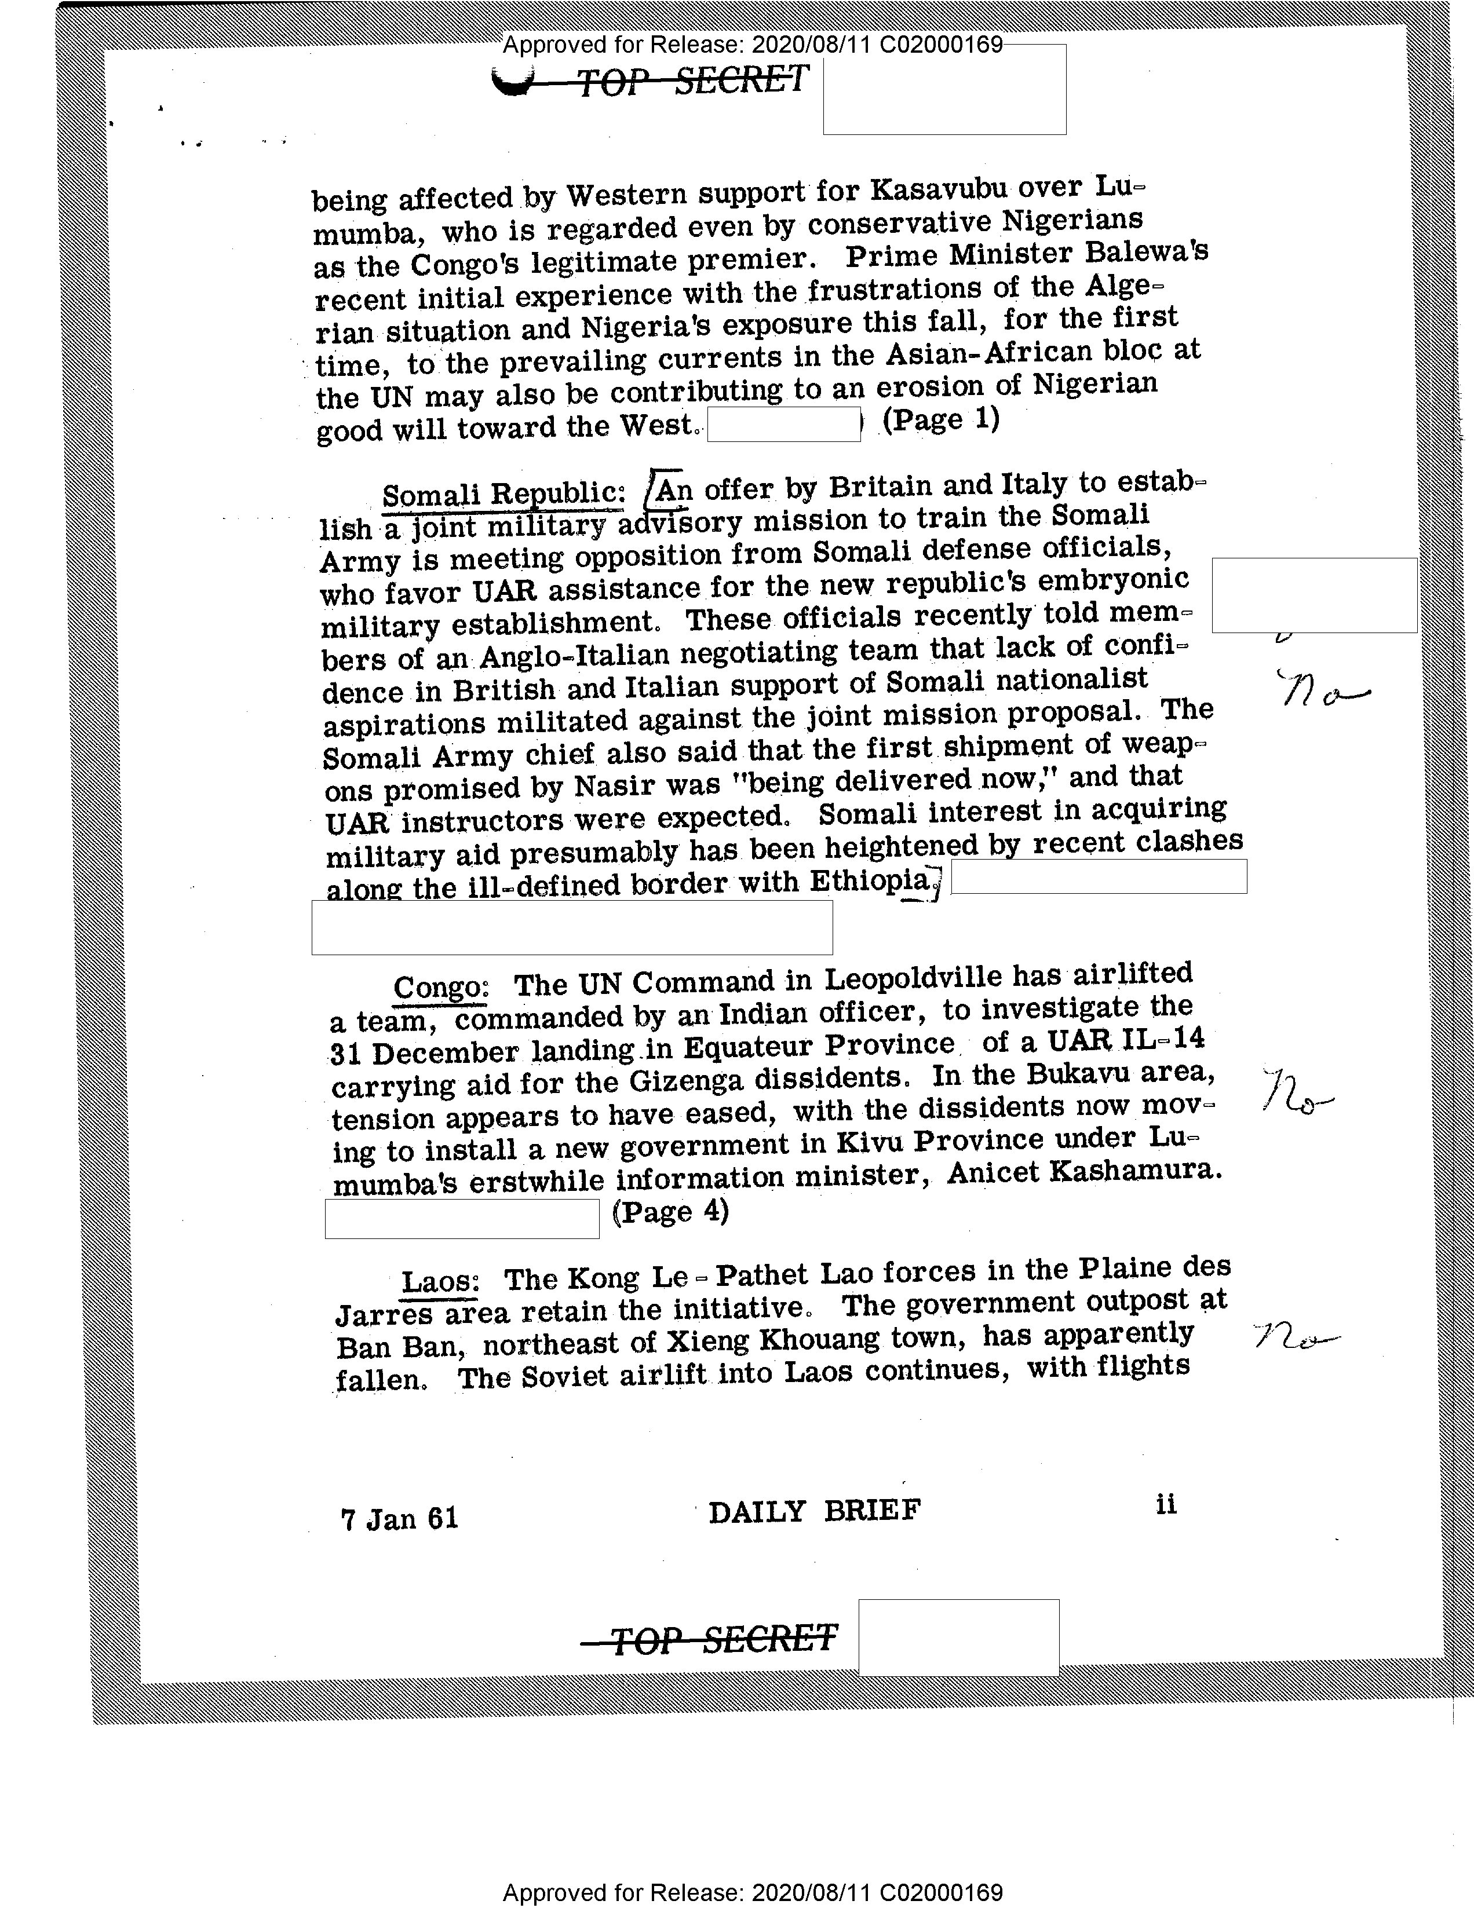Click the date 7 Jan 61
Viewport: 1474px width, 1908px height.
coord(399,1518)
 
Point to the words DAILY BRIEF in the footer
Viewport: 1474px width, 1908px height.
coord(814,1511)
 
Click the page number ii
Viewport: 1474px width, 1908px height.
coord(1166,1504)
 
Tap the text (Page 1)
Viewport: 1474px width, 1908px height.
coord(940,420)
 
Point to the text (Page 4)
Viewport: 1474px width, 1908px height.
coord(670,1212)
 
